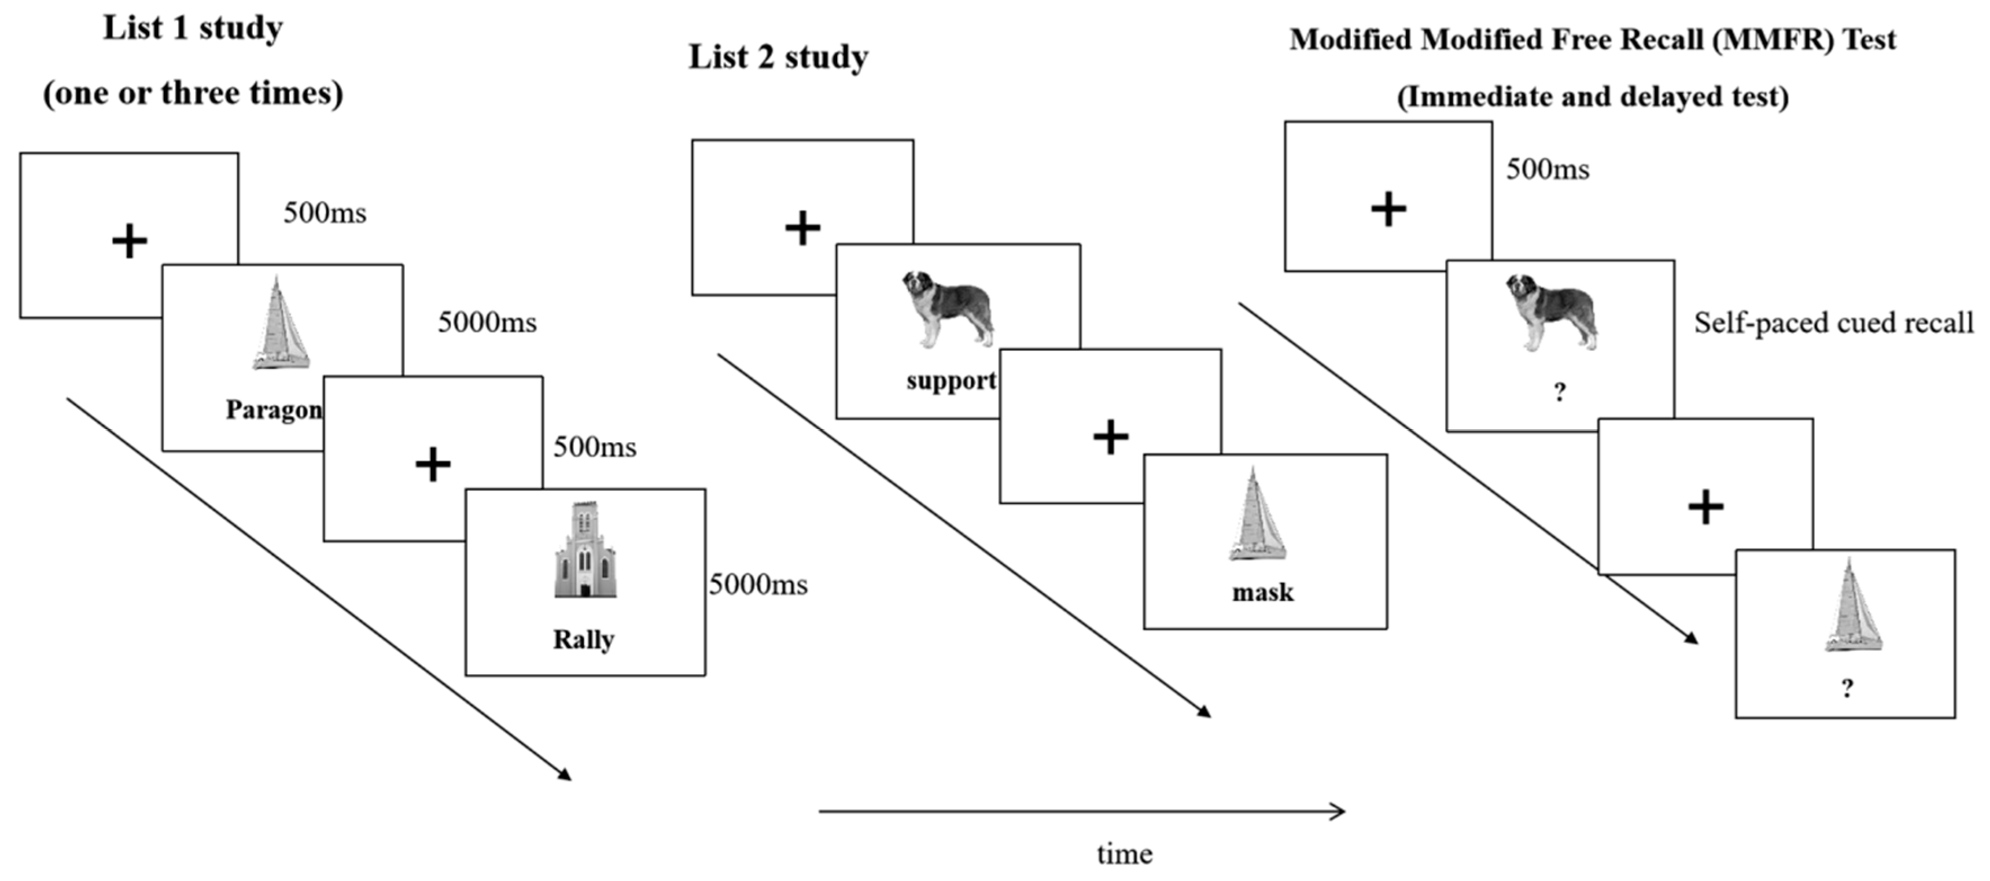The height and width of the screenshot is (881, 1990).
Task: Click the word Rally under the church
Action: point(584,640)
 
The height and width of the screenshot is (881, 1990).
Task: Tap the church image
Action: point(585,550)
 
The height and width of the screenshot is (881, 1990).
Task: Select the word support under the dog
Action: point(951,381)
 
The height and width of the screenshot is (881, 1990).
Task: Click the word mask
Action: point(1262,593)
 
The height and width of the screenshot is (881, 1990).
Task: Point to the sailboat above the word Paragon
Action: point(280,324)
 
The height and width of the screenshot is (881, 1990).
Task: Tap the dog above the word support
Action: point(948,308)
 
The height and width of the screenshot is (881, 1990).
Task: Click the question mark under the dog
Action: point(1560,393)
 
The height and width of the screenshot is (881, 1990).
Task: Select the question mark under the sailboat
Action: point(1847,688)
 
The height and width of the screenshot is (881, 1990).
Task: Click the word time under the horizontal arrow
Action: point(1124,854)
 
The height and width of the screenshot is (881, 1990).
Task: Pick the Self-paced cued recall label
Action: point(1833,323)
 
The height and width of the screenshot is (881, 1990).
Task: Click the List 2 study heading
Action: point(778,57)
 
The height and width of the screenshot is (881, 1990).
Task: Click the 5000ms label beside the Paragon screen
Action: point(487,322)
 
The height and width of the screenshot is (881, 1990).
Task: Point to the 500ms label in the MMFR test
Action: point(1548,169)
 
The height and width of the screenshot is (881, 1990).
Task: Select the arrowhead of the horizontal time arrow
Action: point(1337,812)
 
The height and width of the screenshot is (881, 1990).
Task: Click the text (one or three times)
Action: point(193,94)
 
